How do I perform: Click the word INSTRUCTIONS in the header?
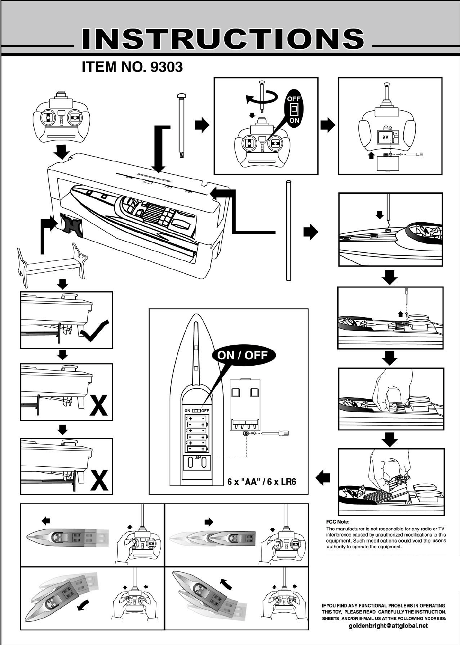(x=223, y=39)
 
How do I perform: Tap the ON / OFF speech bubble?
(x=243, y=355)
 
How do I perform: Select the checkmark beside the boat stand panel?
(x=96, y=331)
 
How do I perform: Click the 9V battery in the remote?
(x=385, y=137)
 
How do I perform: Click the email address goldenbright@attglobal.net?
(x=388, y=625)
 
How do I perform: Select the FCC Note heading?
(x=338, y=522)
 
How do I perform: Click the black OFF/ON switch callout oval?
(x=294, y=109)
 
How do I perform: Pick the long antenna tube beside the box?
(x=288, y=231)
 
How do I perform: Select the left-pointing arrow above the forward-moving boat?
(x=46, y=520)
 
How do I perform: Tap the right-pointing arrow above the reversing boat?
(x=209, y=522)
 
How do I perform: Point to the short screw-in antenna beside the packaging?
(x=182, y=125)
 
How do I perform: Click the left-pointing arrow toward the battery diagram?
(x=323, y=478)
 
